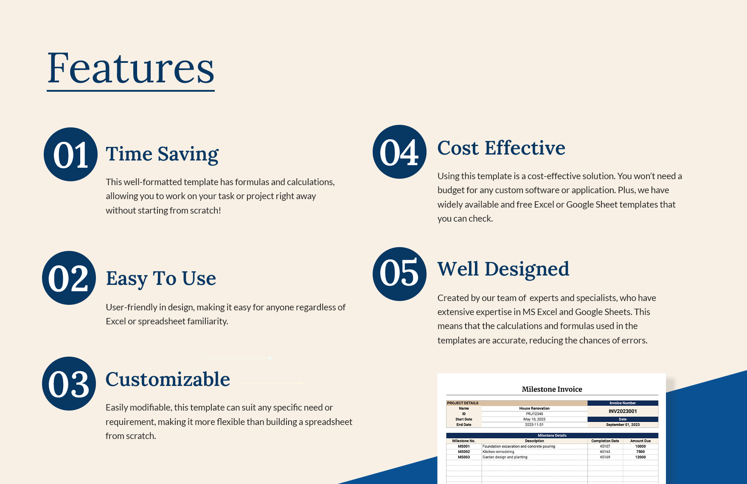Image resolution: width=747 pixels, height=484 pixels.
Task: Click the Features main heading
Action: click(x=131, y=68)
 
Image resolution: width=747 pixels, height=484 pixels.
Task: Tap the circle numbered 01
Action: click(x=70, y=155)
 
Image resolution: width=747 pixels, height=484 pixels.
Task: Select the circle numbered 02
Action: click(x=69, y=278)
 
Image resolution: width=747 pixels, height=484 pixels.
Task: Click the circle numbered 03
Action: click(x=69, y=384)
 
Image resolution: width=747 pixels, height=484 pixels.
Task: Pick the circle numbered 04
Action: click(x=399, y=152)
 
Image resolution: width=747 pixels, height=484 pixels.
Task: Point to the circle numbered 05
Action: click(x=399, y=274)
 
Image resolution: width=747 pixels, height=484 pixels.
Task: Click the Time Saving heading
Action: click(x=162, y=154)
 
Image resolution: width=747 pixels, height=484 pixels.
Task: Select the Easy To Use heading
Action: click(x=161, y=279)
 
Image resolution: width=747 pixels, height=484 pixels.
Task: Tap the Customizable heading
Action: click(x=168, y=379)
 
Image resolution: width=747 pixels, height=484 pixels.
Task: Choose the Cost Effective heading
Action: click(x=501, y=148)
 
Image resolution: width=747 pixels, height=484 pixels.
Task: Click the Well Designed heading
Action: click(x=503, y=269)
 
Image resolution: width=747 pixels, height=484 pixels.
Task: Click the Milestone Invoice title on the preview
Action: click(x=552, y=389)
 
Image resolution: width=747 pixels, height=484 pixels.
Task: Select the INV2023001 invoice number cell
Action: click(x=623, y=411)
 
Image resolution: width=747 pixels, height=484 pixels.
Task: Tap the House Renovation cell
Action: click(x=534, y=408)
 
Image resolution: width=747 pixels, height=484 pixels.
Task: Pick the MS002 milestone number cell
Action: click(x=464, y=452)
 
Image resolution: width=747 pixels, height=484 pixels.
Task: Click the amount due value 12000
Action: click(x=640, y=457)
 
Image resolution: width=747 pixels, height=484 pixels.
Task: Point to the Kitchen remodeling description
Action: click(x=498, y=452)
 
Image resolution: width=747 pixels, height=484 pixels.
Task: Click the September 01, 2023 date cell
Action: click(x=623, y=425)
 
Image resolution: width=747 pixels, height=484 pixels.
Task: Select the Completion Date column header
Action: click(x=605, y=441)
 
